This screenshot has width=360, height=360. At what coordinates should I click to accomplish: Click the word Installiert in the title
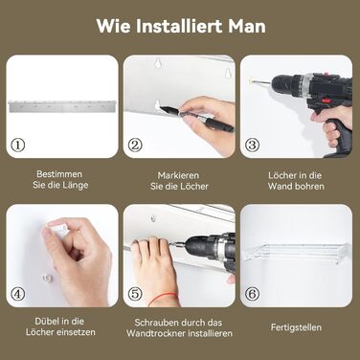click(180, 26)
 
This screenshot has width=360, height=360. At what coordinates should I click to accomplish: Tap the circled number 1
click(18, 146)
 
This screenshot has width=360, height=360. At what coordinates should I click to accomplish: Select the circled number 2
click(135, 146)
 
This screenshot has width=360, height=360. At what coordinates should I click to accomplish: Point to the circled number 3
click(252, 146)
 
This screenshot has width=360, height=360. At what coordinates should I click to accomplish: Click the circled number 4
click(18, 294)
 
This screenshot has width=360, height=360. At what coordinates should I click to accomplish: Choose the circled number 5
click(135, 294)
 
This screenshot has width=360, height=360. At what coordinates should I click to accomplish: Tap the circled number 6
click(252, 294)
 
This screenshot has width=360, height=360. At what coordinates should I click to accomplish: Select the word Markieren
click(178, 175)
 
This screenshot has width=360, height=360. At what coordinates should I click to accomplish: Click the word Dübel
click(47, 321)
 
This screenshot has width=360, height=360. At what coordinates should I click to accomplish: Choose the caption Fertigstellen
click(296, 327)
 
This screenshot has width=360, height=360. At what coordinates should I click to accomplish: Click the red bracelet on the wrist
click(163, 298)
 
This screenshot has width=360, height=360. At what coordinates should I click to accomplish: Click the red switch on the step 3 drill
click(325, 101)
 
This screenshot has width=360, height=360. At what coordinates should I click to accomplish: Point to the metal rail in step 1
click(62, 106)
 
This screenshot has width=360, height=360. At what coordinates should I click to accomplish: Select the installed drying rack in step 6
click(296, 252)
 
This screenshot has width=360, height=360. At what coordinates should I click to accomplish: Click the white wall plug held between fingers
click(59, 230)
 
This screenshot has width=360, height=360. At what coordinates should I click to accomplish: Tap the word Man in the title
click(247, 26)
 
